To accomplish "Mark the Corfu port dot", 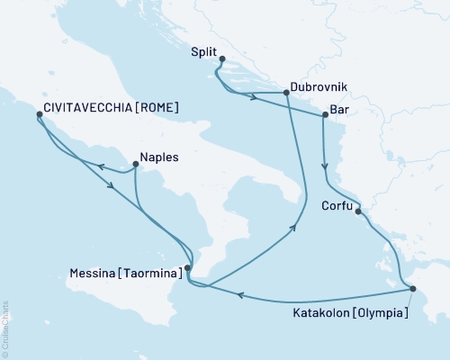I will point(358,211).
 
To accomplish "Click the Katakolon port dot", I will point(412,289).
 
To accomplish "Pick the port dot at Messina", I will point(187,267).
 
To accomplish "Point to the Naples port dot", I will point(134,164).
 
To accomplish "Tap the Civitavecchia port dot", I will point(39,115).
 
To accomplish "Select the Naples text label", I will point(160,157).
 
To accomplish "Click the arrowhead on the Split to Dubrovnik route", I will point(256,97).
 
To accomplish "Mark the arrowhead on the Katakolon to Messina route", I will point(241,294).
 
